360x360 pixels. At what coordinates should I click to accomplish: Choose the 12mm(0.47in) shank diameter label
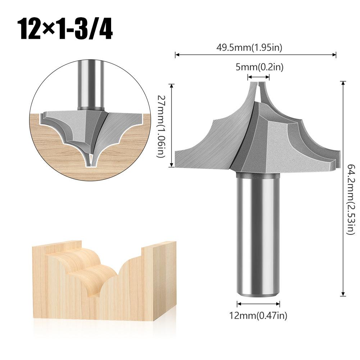coord(258,316)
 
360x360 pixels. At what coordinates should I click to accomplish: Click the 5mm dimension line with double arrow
coord(259,76)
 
